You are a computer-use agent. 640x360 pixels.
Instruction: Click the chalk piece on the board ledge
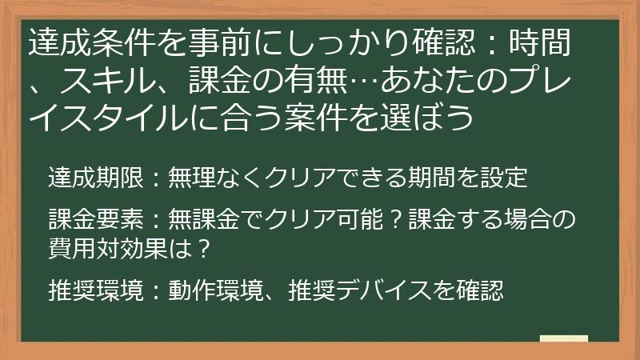(564, 339)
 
